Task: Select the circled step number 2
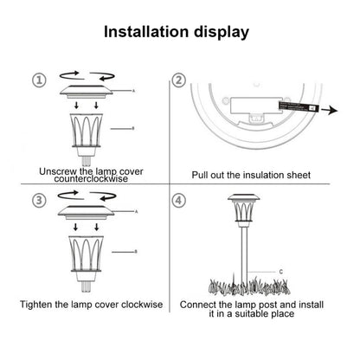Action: coord(179,80)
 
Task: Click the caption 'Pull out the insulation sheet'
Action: coord(251,175)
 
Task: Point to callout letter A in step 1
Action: coord(132,90)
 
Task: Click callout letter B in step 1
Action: coord(132,127)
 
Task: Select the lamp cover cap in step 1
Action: coord(87,93)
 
